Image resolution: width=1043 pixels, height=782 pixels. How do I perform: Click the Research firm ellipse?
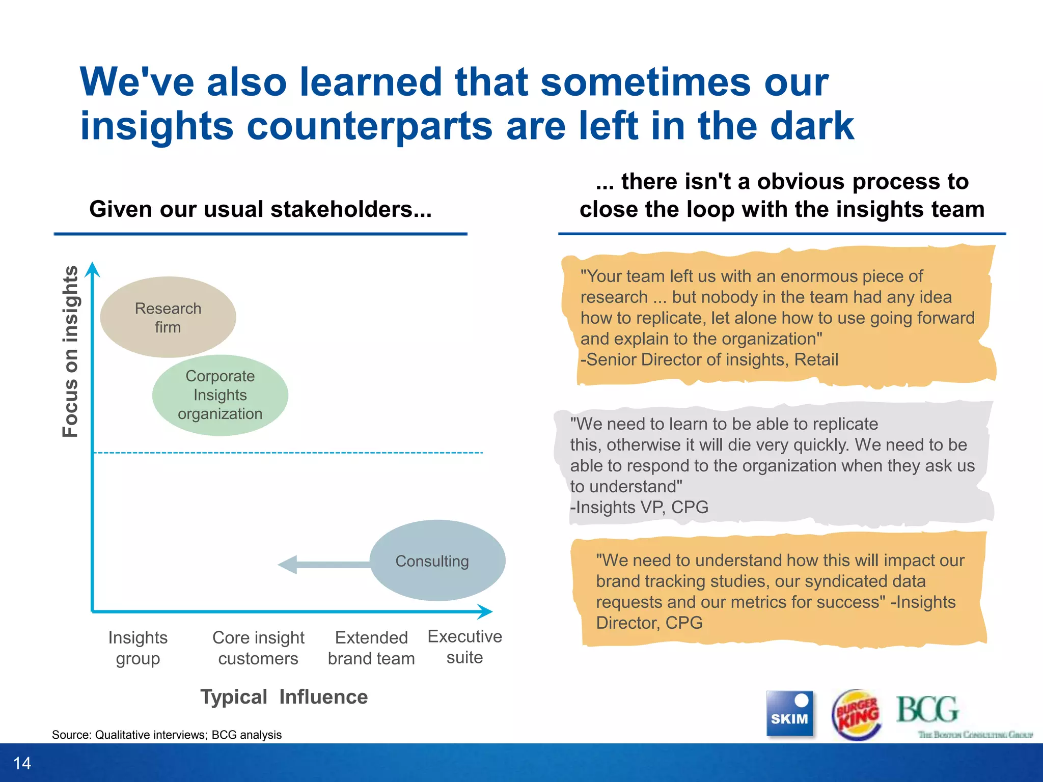168,317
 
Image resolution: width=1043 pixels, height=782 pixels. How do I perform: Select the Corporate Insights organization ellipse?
220,395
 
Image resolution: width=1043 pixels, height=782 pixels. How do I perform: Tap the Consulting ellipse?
437,561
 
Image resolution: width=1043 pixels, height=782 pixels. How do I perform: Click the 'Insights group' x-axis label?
138,648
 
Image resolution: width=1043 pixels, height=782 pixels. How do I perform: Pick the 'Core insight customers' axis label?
258,648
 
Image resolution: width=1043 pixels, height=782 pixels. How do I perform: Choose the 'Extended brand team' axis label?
371,648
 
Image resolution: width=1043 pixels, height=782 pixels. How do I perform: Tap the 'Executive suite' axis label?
464,647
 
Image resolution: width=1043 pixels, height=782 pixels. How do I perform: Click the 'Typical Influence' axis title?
284,696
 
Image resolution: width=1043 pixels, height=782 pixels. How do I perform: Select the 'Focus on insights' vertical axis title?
71,351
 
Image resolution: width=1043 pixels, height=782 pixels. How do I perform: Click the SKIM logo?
789,713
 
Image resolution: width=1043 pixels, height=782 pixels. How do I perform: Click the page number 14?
22,763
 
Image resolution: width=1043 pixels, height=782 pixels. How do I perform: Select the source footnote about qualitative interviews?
167,735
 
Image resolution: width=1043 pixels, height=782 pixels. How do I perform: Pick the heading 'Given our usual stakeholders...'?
260,209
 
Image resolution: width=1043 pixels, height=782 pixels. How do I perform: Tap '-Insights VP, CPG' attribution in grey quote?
639,507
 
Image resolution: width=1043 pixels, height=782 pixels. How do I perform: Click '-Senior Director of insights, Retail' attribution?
709,359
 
